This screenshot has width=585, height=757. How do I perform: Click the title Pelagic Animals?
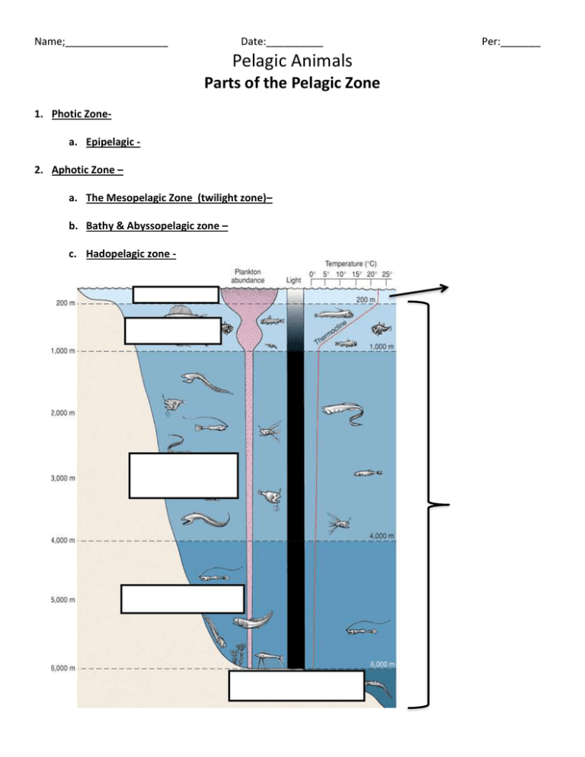(292, 59)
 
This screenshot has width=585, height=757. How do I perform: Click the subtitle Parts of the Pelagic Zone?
(292, 82)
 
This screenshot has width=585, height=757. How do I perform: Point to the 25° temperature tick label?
(387, 274)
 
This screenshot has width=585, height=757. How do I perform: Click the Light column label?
(294, 279)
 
